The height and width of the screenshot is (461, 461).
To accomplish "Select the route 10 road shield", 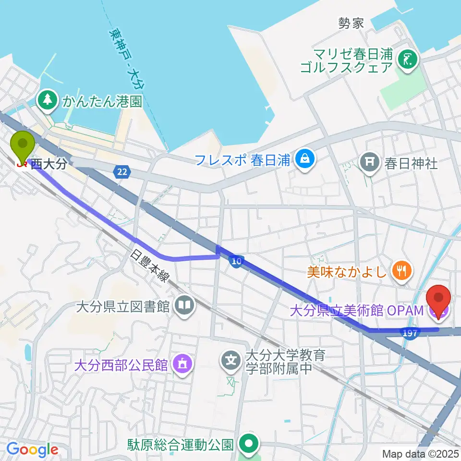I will tap(235, 261).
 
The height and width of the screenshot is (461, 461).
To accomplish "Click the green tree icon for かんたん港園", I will tap(48, 100).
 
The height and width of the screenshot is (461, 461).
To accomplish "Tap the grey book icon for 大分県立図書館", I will tap(183, 305).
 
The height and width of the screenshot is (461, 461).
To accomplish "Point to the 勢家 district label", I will tap(351, 24).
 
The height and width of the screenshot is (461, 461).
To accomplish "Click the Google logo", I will tap(32, 449).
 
